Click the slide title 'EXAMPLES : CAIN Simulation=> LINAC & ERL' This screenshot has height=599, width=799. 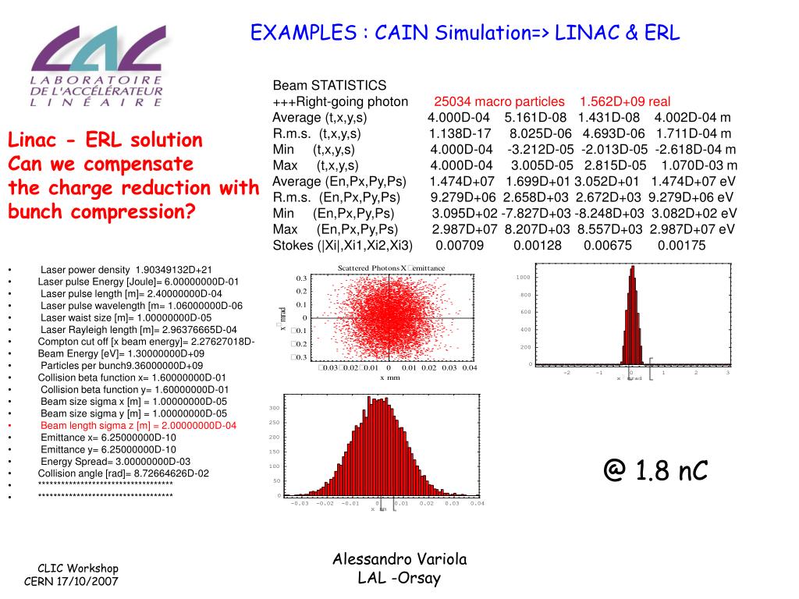point(465,33)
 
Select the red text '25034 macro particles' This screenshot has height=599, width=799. point(499,101)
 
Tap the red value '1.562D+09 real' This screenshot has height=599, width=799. point(625,101)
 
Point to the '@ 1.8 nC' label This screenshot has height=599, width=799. point(655,470)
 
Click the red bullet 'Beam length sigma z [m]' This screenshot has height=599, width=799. point(138,426)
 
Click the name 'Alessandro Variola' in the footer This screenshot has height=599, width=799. point(399,559)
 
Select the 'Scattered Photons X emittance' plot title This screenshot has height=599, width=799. point(391,268)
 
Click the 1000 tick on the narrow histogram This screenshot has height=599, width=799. point(523,278)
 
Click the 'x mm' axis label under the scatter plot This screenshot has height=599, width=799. point(390,377)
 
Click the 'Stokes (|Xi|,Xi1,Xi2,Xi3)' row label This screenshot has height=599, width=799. point(343,246)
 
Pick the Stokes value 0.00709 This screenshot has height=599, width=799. point(460,246)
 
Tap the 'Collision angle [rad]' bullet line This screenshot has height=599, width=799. point(123,473)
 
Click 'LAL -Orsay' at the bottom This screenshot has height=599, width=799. point(399,578)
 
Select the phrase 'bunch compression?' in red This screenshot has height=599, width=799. point(101,212)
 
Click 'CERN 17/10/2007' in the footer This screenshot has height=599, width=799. point(72,582)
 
